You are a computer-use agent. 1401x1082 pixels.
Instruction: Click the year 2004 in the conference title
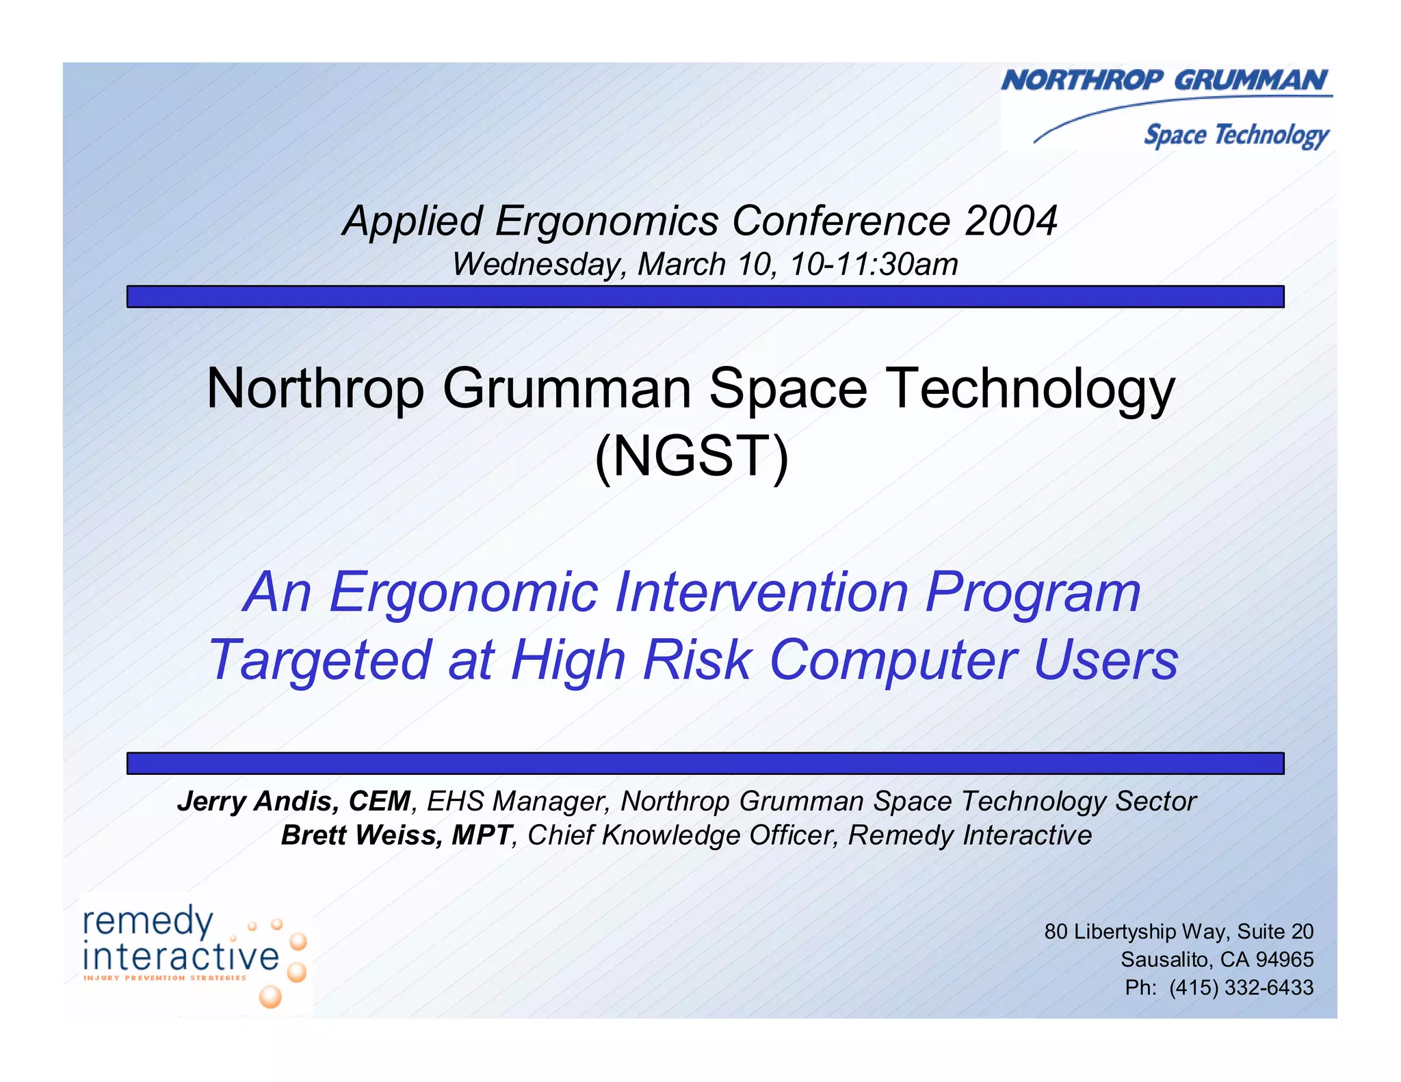pyautogui.click(x=1010, y=221)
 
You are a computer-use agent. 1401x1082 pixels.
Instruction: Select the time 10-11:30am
pyautogui.click(x=874, y=265)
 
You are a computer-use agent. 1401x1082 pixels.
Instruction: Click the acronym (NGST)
pyautogui.click(x=692, y=456)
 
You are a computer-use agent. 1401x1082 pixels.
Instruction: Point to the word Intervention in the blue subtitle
pyautogui.click(x=761, y=592)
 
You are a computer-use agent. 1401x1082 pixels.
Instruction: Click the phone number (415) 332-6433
pyautogui.click(x=1241, y=988)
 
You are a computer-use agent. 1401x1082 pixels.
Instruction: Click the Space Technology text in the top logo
pyautogui.click(x=1236, y=135)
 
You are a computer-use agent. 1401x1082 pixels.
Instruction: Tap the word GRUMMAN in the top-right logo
pyautogui.click(x=1251, y=81)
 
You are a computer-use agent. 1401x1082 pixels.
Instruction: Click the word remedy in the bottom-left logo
pyautogui.click(x=148, y=921)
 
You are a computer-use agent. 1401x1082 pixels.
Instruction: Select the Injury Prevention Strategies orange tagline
pyautogui.click(x=164, y=978)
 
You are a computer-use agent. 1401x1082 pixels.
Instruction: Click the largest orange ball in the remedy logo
pyautogui.click(x=270, y=997)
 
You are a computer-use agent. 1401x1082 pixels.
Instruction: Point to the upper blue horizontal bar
pyautogui.click(x=705, y=297)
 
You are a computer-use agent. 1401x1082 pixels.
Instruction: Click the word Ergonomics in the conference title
pyautogui.click(x=607, y=221)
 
